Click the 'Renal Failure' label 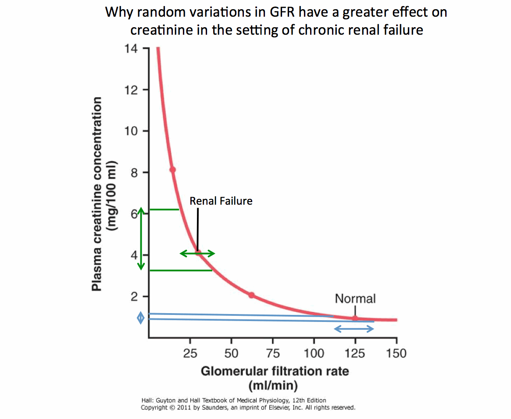click(221, 201)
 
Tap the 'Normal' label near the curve click(355, 299)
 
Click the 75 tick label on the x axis click(272, 353)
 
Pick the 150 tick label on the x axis click(397, 353)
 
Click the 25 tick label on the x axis click(190, 353)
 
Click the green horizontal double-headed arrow click(197, 253)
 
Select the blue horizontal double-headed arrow click(354, 329)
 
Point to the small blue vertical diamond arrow click(140, 318)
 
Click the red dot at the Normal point click(355, 318)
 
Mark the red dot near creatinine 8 click(173, 170)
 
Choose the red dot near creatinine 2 click(251, 295)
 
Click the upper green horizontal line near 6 click(164, 209)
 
